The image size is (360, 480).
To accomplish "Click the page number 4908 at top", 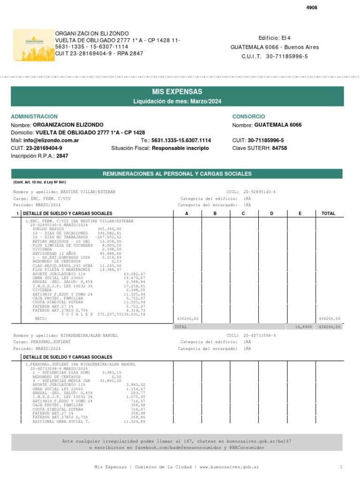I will click(312, 8).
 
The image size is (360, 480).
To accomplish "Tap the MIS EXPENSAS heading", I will click(177, 91).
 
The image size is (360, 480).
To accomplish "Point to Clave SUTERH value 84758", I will click(279, 148).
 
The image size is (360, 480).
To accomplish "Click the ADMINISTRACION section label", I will click(34, 116).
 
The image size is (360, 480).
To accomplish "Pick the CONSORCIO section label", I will click(248, 116).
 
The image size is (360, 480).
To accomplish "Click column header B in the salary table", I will click(216, 213).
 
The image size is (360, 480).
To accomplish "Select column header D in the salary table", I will click(272, 213).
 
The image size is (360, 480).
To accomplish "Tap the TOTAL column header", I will click(328, 213).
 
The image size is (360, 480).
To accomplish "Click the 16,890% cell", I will click(304, 327).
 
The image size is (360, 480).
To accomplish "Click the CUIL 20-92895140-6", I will click(260, 192).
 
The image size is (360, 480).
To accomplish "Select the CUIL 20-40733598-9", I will click(260, 336).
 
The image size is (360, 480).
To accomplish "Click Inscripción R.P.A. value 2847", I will click(62, 156).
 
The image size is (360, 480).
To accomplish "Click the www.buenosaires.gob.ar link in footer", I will click(230, 467).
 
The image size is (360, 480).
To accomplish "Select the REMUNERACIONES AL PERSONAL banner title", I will click(177, 174).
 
